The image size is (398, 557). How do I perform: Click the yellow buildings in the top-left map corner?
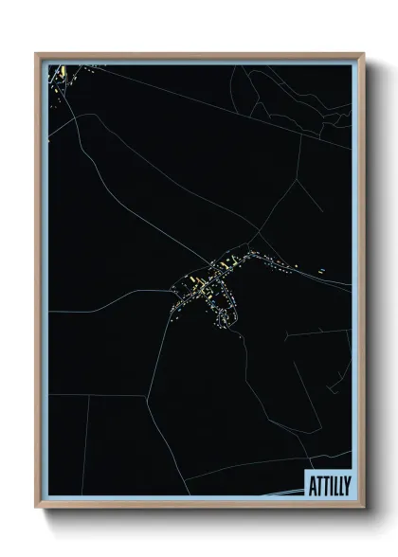(x=59, y=74)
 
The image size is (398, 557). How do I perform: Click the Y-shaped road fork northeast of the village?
(x=256, y=233)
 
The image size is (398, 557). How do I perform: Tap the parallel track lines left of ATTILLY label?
(x=280, y=494)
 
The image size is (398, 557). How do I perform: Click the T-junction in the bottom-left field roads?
(x=91, y=397)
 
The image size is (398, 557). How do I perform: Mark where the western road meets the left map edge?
(x=48, y=313)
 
